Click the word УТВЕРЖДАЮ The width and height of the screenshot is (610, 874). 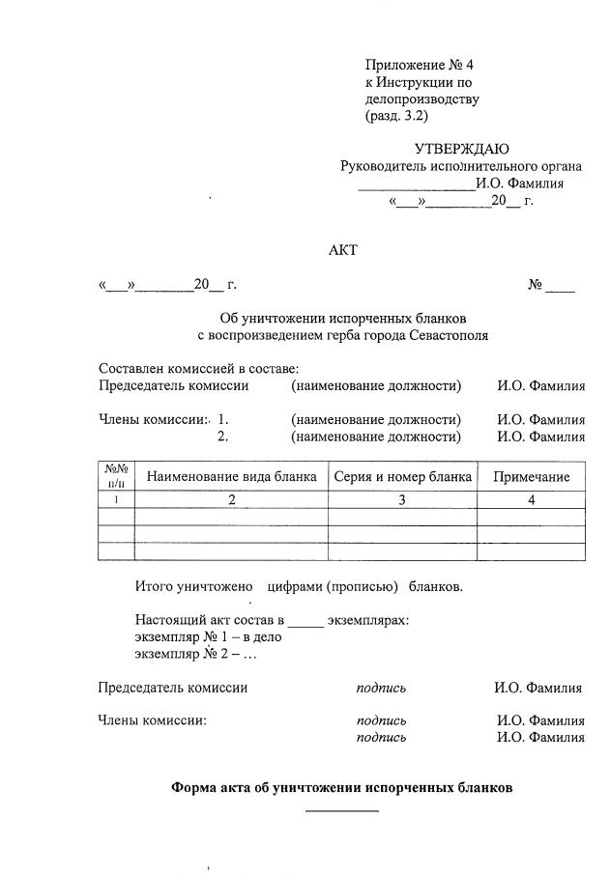pyautogui.click(x=461, y=149)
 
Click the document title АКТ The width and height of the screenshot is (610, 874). pyautogui.click(x=343, y=250)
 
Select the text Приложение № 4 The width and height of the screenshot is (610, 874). pyautogui.click(x=420, y=65)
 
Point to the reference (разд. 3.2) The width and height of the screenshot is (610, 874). pyautogui.click(x=396, y=116)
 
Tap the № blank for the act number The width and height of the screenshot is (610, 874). pyautogui.click(x=560, y=287)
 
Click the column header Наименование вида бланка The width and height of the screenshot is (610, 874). pyautogui.click(x=231, y=477)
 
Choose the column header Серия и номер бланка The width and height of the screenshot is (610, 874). pyautogui.click(x=402, y=477)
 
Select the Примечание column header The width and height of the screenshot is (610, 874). pyautogui.click(x=531, y=477)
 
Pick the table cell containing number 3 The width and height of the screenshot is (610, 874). pyautogui.click(x=402, y=500)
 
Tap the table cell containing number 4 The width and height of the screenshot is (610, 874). pyautogui.click(x=531, y=500)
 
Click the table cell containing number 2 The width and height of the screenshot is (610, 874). pyautogui.click(x=231, y=500)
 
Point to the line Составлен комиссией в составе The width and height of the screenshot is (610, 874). pyautogui.click(x=199, y=369)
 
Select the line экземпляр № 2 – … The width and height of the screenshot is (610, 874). pyautogui.click(x=195, y=654)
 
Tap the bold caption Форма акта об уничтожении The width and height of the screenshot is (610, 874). pyautogui.click(x=341, y=787)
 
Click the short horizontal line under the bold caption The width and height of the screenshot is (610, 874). pyautogui.click(x=342, y=809)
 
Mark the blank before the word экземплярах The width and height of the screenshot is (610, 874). pyautogui.click(x=305, y=621)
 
